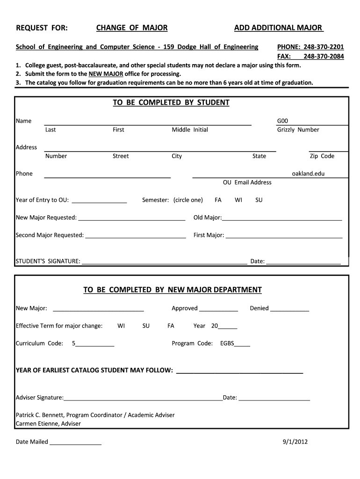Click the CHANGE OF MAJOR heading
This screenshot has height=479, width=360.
pyautogui.click(x=132, y=28)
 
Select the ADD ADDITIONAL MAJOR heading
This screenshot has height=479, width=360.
pyautogui.click(x=278, y=28)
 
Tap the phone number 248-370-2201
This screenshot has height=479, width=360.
pyautogui.click(x=324, y=47)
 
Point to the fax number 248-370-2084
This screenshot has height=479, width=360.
pyautogui.click(x=324, y=57)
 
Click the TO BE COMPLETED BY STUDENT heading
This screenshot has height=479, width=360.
pyautogui.click(x=171, y=102)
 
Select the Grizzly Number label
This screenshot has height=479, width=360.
pyautogui.click(x=298, y=130)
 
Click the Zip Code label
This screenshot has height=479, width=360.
pyautogui.click(x=322, y=156)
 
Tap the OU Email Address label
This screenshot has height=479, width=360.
pyautogui.click(x=247, y=182)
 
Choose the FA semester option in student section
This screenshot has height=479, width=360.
pyautogui.click(x=218, y=200)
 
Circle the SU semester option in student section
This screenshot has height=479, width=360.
pyautogui.click(x=259, y=200)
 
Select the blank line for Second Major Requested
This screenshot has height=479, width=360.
pyautogui.click(x=136, y=236)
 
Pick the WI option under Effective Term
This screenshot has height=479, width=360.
pyautogui.click(x=121, y=326)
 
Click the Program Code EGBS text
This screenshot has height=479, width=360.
pyautogui.click(x=227, y=344)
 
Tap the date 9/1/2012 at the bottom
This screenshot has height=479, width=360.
pyautogui.click(x=295, y=442)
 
